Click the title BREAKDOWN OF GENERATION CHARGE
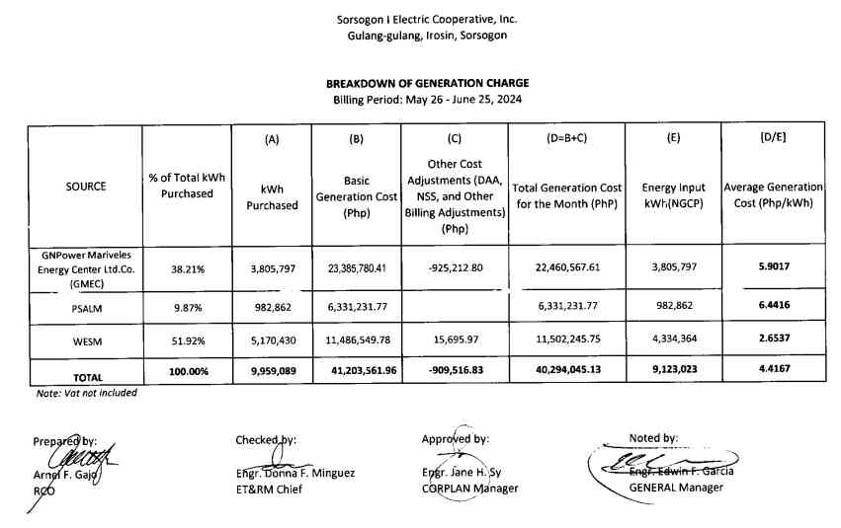point(427,83)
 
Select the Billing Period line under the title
point(427,100)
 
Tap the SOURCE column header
point(86,186)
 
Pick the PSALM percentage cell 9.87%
point(187,305)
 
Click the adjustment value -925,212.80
point(455,267)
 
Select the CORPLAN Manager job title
point(469,489)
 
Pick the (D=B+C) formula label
point(567,139)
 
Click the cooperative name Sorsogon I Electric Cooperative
point(427,19)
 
